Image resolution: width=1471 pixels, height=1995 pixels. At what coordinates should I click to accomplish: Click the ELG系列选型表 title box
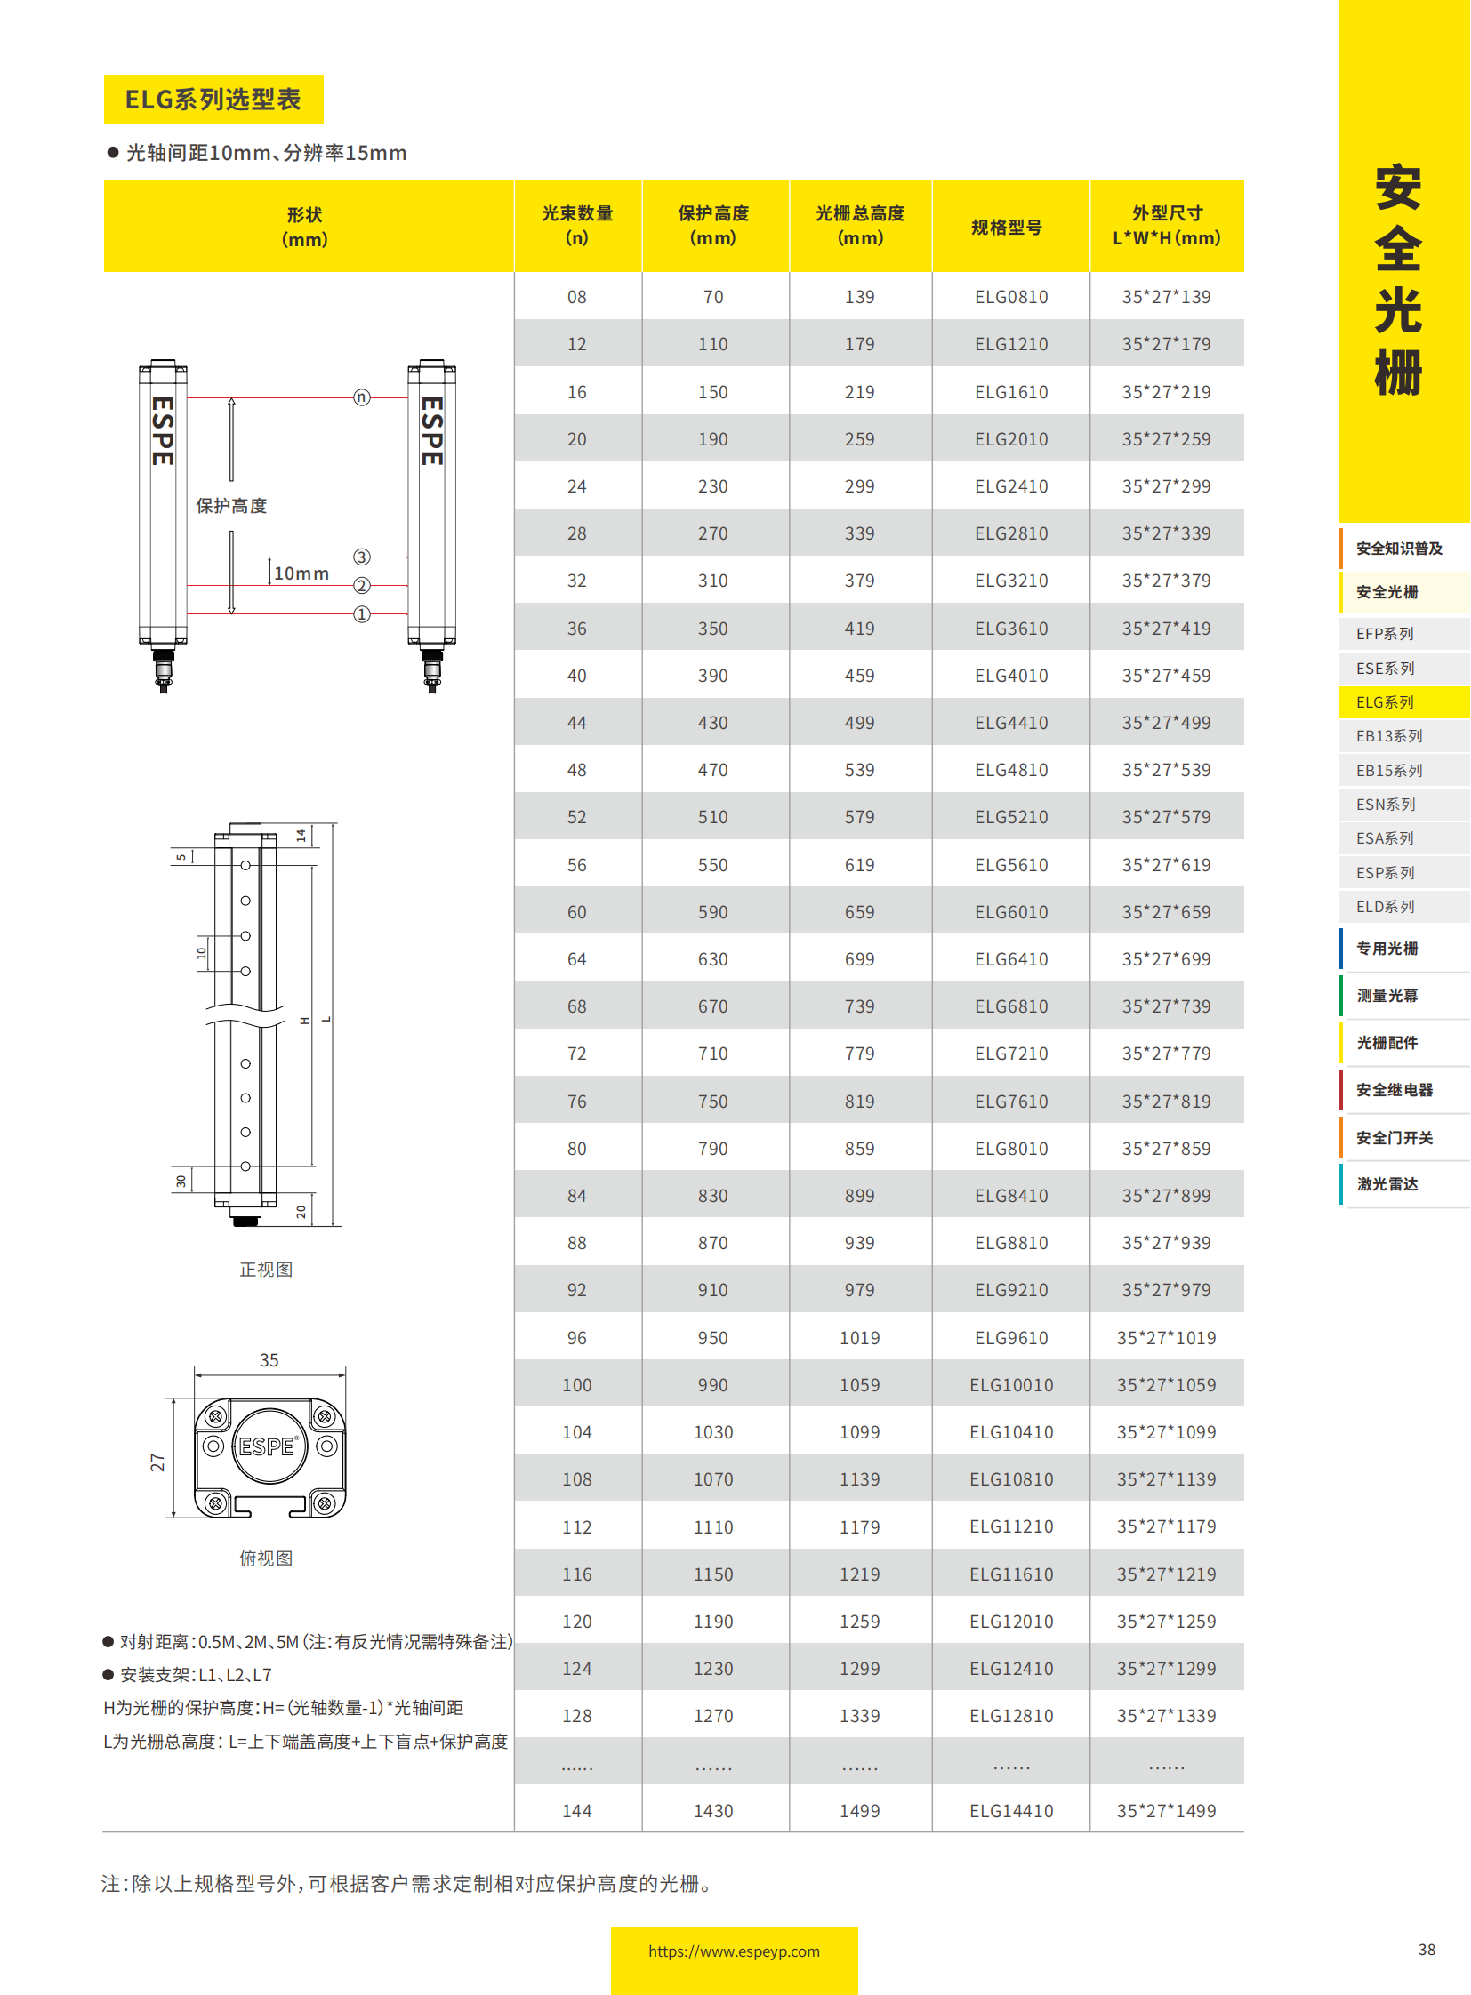tap(213, 99)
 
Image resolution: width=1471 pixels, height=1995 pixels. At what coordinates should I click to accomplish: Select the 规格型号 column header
tap(1006, 227)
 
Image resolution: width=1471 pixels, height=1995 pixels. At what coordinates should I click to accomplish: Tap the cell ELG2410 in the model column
tap(1010, 486)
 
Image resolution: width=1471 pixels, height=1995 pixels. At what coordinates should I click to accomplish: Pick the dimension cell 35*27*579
tap(1166, 816)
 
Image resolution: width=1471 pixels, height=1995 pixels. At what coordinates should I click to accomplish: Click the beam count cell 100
tap(576, 1384)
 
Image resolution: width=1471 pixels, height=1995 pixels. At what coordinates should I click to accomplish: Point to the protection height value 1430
tap(712, 1810)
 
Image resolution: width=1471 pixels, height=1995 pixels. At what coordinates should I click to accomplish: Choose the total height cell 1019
tap(859, 1337)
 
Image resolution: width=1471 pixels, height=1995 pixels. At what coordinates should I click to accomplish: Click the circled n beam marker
tap(360, 397)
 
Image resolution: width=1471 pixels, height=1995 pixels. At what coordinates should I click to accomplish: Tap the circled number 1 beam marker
tap(360, 614)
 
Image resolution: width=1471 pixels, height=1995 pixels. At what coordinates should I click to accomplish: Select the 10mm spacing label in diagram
tap(301, 573)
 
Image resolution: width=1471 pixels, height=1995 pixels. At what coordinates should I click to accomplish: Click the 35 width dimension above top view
tap(269, 1359)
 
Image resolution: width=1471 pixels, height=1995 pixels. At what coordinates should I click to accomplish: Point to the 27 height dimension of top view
tap(157, 1462)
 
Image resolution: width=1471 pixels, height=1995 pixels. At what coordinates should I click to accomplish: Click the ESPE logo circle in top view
tap(268, 1446)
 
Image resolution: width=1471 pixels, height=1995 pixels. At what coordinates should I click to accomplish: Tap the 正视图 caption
tap(265, 1269)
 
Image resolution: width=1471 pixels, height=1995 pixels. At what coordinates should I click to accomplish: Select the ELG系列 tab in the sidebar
tap(1385, 701)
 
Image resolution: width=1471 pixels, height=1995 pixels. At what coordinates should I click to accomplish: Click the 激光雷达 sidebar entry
tap(1387, 1183)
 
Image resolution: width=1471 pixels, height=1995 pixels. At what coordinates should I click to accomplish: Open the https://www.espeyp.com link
tap(733, 1951)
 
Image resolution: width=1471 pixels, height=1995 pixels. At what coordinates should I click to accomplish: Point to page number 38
tap(1426, 1949)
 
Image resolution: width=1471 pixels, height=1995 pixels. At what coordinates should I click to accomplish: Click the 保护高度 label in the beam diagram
tap(231, 506)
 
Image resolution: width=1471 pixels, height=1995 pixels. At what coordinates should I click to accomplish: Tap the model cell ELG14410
tap(1010, 1810)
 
